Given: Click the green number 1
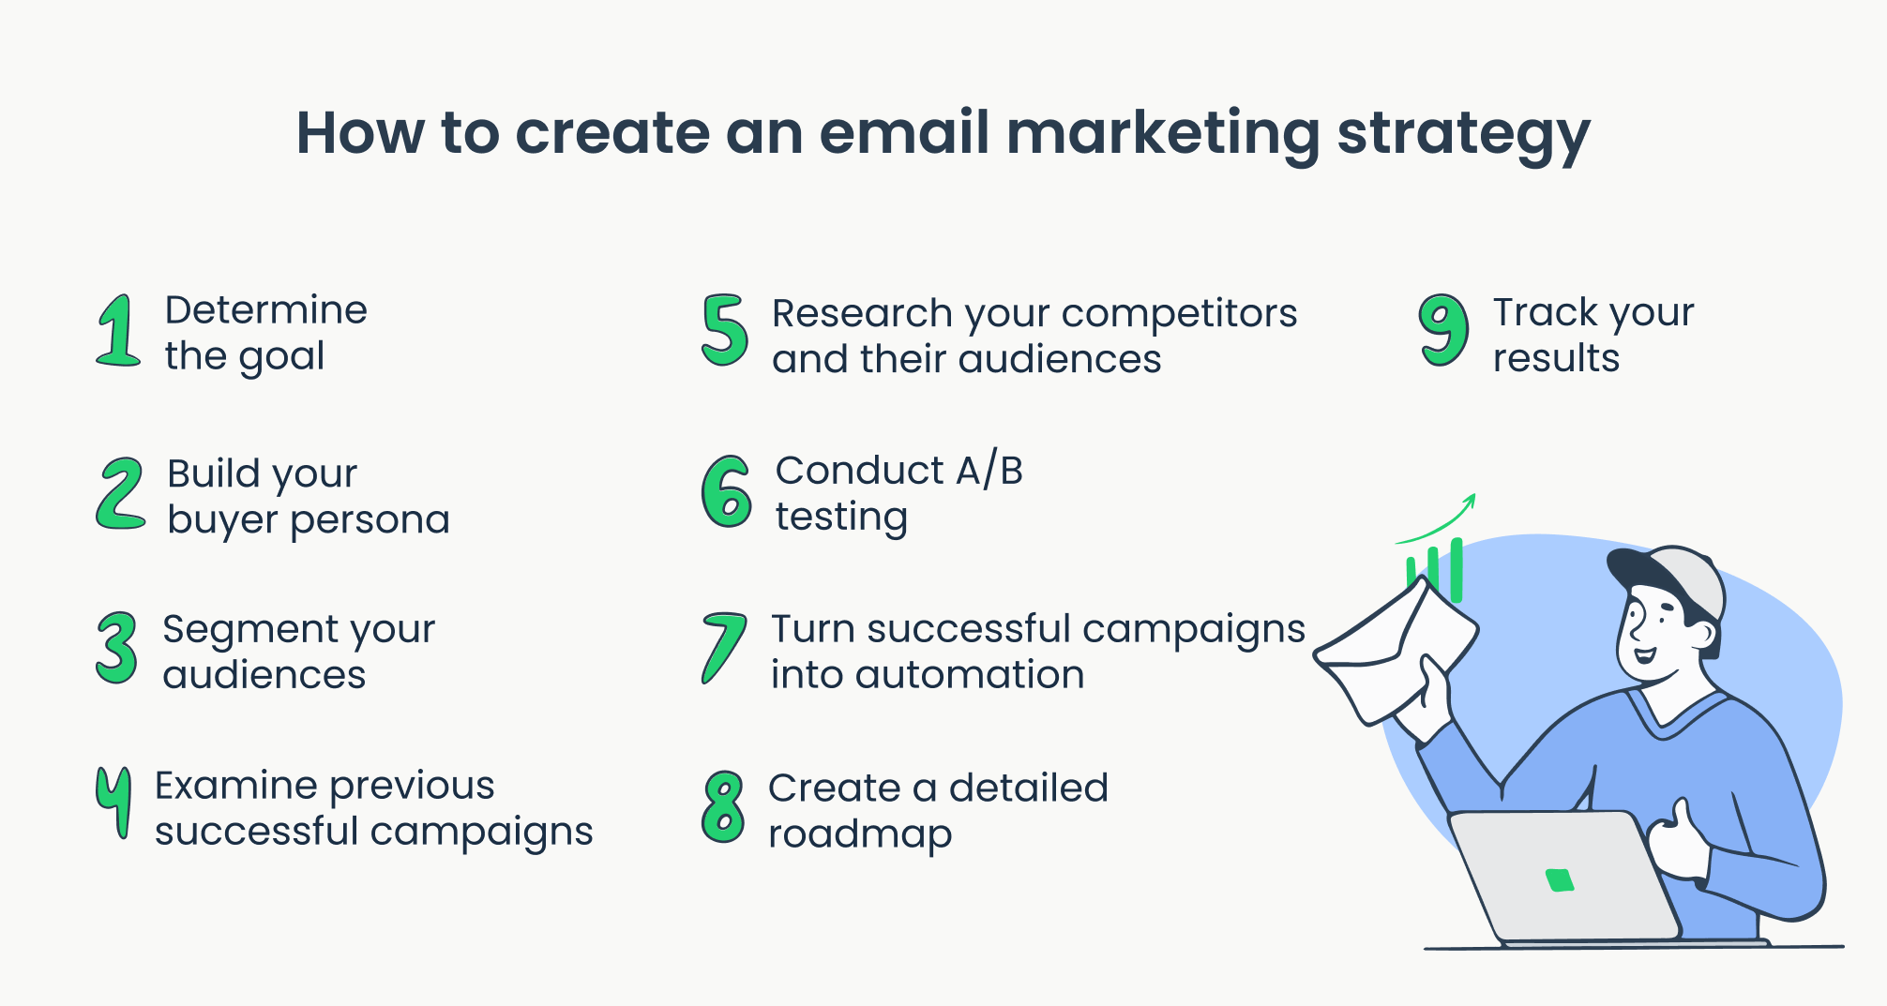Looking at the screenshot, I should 118,330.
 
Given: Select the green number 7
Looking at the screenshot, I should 723,647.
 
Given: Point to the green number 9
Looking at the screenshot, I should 1442,329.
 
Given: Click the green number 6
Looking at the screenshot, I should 726,491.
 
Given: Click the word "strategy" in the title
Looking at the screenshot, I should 1463,134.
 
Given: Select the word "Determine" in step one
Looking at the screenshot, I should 266,310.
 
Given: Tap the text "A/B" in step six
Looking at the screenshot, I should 989,471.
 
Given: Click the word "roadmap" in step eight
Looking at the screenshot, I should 860,834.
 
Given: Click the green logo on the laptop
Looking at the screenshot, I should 1560,879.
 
